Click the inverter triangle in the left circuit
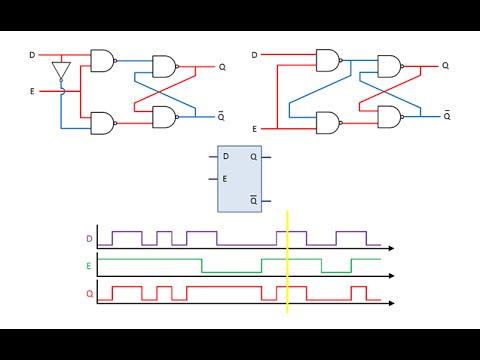coord(62,72)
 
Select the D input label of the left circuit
coord(32,54)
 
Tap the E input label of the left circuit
coord(32,91)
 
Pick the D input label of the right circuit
coord(254,54)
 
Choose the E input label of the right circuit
coord(254,129)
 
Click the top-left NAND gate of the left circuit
coord(102,61)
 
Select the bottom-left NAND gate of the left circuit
coord(102,123)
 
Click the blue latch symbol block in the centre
coord(240,179)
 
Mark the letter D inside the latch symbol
coord(226,157)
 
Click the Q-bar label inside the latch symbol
coord(253,200)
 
